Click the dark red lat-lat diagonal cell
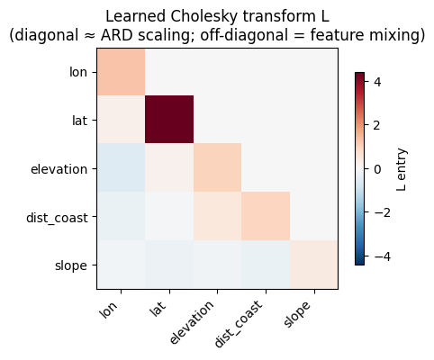click(169, 120)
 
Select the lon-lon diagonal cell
click(121, 71)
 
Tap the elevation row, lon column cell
click(121, 167)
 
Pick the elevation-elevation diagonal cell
click(218, 167)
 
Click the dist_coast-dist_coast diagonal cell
click(266, 216)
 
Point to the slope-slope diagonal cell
click(314, 265)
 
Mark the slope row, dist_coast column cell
click(266, 265)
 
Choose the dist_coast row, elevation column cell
click(218, 216)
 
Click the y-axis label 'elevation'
click(59, 169)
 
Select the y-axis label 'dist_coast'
click(57, 218)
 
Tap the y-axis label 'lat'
click(80, 121)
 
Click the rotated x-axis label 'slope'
click(296, 314)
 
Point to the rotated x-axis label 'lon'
click(108, 309)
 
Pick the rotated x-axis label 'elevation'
click(192, 322)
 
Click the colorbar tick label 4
click(377, 82)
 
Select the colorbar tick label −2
click(382, 212)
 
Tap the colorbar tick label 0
click(377, 169)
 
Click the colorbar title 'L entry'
click(401, 169)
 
